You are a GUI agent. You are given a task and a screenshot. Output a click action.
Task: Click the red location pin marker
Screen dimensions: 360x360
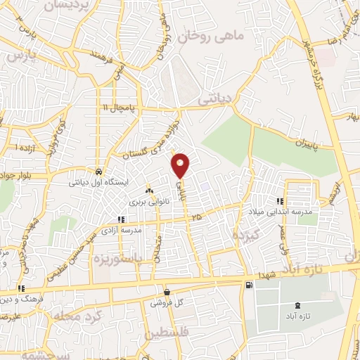(181, 165)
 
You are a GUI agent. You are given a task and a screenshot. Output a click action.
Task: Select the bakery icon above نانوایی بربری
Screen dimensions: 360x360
(148, 191)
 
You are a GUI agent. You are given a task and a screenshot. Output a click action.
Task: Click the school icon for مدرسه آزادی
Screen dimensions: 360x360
(122, 220)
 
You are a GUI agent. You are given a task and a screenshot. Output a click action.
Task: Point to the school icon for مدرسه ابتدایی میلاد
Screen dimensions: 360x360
(281, 202)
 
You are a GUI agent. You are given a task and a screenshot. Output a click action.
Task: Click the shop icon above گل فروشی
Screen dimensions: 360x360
(167, 292)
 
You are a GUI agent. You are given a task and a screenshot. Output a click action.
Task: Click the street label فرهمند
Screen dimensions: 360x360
(103, 53)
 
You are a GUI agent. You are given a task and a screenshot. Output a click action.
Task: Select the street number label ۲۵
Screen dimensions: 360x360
(195, 219)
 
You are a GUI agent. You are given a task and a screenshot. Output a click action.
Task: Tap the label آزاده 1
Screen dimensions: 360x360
(26, 148)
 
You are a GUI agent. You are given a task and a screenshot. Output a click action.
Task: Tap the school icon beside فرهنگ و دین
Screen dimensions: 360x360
(22, 288)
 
